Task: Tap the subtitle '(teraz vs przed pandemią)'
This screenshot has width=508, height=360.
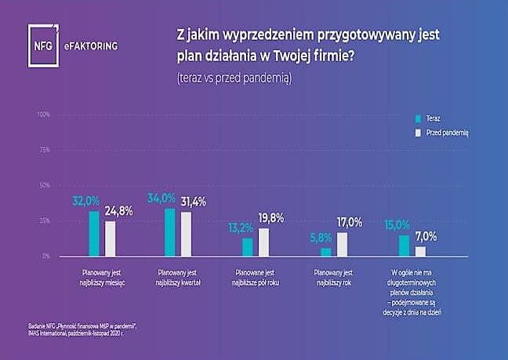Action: (227, 79)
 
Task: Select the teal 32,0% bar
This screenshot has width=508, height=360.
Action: (94, 233)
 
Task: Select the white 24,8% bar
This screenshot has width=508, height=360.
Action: (110, 238)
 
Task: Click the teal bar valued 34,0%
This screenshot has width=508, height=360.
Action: (170, 231)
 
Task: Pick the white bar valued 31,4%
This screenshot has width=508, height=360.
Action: (186, 234)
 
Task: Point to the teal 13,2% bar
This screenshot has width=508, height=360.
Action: (248, 246)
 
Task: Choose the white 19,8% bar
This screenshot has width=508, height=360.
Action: (263, 242)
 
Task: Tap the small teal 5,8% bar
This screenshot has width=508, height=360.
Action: (326, 252)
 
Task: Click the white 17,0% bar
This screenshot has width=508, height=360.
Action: (342, 244)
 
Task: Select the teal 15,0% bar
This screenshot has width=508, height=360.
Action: (404, 245)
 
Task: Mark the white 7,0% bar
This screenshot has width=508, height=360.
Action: (420, 251)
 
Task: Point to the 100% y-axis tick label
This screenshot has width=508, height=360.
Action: (43, 115)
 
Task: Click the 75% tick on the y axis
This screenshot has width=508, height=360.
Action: (45, 150)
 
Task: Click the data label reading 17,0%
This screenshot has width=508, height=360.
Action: (350, 223)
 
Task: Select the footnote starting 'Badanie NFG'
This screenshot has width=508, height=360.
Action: (78, 328)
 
